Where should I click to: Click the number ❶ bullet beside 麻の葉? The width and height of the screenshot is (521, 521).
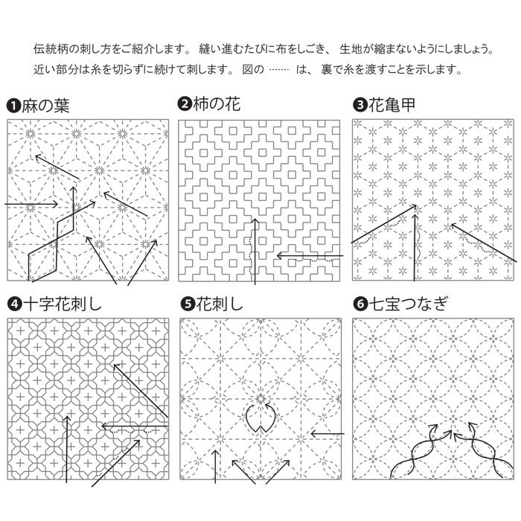coord(13,106)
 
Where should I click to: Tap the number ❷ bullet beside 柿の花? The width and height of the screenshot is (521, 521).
coord(185,103)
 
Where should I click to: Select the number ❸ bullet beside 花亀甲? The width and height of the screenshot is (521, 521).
coord(359,106)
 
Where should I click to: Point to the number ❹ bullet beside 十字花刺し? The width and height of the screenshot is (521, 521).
coord(15,304)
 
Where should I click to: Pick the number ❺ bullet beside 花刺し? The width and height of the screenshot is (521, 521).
coord(188,304)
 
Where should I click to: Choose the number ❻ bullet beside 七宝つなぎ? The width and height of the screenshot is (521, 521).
coord(360,304)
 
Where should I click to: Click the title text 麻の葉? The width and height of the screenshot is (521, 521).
coord(46,106)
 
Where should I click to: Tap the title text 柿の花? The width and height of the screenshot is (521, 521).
coord(217,103)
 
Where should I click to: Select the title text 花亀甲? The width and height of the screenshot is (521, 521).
coord(392,105)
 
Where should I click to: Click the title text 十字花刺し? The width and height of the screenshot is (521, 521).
coord(63,304)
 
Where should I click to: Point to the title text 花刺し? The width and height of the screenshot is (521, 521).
coord(220,304)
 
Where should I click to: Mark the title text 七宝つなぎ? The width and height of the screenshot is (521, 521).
coord(409,304)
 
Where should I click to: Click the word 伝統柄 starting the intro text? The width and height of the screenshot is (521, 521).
coord(50,49)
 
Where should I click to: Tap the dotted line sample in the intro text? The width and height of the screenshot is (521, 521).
coord(279,70)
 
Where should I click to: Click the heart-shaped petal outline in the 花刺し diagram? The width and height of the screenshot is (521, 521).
coord(260,418)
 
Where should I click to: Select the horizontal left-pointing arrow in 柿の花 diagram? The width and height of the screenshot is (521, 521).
coord(310,256)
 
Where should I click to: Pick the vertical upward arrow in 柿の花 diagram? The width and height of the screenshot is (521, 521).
coord(255,252)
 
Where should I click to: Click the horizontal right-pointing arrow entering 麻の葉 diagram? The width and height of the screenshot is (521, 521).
coord(31,204)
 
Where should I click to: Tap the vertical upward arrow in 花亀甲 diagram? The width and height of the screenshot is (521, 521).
coord(415,248)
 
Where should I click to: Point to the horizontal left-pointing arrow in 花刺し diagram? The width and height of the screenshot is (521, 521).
coord(327,434)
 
